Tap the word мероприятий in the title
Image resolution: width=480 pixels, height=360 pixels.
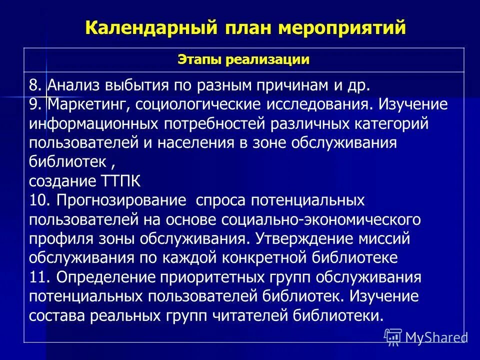pos(342,27)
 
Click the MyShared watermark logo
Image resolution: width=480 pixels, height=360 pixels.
pos(426,336)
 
